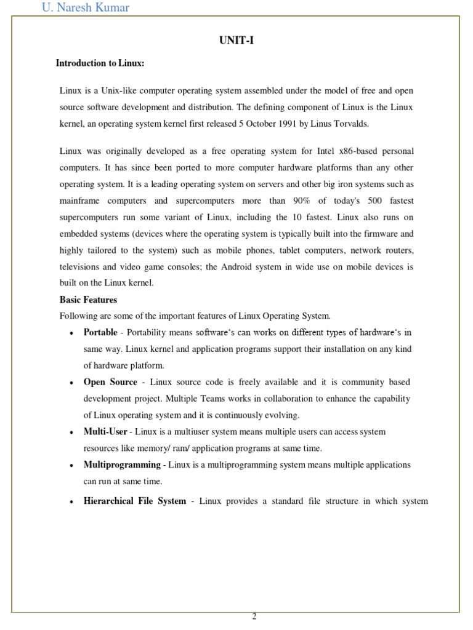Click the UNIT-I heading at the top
(x=236, y=41)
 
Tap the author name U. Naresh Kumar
(x=86, y=8)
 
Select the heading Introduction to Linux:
(x=100, y=63)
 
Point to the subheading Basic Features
(x=88, y=300)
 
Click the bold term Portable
(x=100, y=332)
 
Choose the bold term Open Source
(x=110, y=382)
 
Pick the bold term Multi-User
(x=105, y=432)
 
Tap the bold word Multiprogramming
(x=122, y=465)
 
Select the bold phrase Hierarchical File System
(x=134, y=501)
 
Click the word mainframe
(x=81, y=201)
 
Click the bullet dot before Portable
(x=72, y=333)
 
